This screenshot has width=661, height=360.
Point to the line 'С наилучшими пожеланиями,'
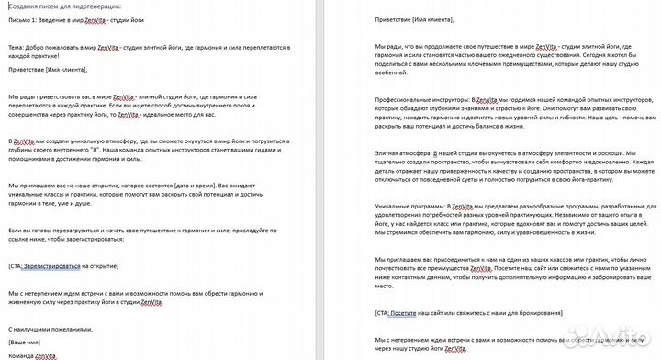(50, 328)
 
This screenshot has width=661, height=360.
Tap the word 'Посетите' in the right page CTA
(409, 313)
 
